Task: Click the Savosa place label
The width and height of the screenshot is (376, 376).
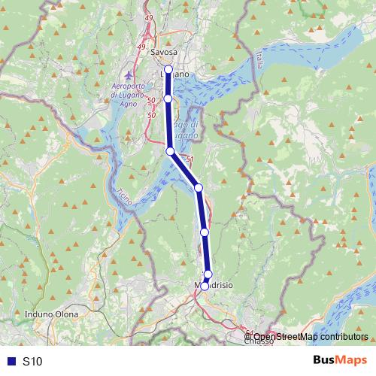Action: tap(164, 53)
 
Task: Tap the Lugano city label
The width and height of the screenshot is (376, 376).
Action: tap(175, 73)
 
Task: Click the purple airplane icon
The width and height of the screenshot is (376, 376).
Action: tap(127, 76)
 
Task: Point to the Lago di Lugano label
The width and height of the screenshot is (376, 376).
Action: tap(183, 129)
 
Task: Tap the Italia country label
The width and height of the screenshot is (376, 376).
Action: tap(257, 59)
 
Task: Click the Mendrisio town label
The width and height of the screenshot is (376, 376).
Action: tap(214, 287)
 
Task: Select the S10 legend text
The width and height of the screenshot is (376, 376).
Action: tap(32, 361)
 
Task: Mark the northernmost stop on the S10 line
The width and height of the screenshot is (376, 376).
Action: tap(168, 70)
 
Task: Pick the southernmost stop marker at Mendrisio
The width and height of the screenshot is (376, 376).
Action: tap(205, 286)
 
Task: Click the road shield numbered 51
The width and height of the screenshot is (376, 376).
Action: tap(190, 159)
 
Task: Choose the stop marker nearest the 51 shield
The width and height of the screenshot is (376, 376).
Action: tap(171, 151)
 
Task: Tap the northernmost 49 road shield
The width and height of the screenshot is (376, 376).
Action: tap(148, 17)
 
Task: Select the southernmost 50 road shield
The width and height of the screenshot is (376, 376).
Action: tap(152, 115)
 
